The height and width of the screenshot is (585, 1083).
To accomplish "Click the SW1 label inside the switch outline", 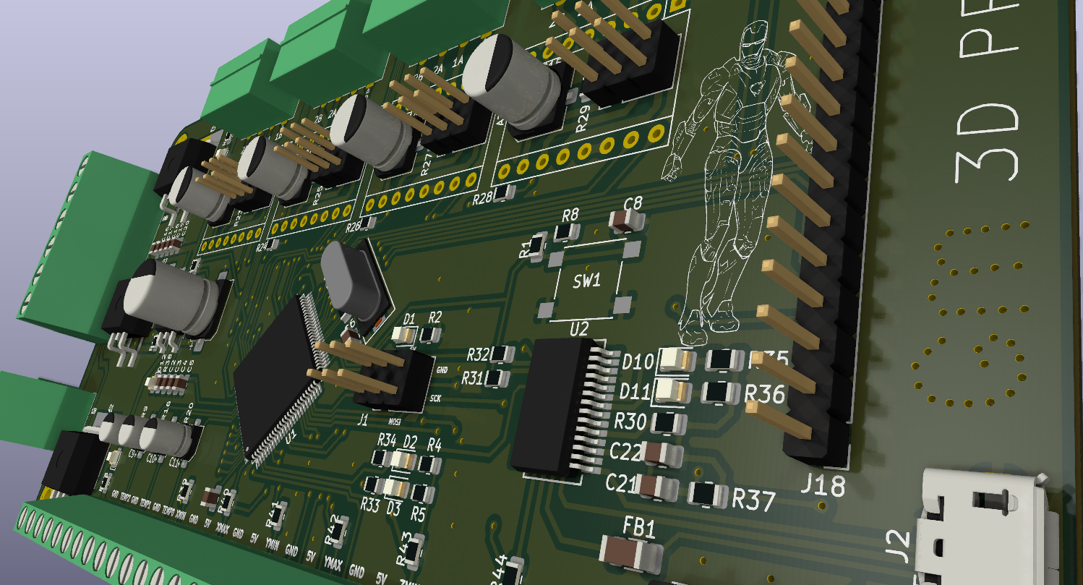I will [586, 281].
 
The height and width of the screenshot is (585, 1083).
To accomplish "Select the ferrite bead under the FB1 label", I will [632, 555].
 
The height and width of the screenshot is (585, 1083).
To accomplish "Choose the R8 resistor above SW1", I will [566, 232].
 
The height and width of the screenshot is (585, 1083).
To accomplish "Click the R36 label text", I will [764, 394].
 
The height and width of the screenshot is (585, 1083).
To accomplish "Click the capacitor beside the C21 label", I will [657, 487].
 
